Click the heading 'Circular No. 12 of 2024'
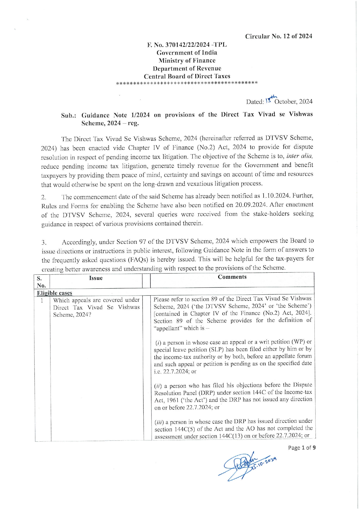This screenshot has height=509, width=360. click(278, 36)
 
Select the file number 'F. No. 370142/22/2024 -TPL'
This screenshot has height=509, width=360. click(187, 45)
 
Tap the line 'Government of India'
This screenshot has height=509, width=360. click(187, 53)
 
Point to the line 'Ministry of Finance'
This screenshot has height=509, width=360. click(187, 60)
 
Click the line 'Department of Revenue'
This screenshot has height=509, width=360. click(187, 68)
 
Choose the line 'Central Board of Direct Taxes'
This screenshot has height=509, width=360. click(187, 76)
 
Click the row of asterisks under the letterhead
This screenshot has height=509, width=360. click(187, 83)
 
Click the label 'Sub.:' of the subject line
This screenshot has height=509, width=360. click(69, 115)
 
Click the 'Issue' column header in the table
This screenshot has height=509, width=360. click(96, 278)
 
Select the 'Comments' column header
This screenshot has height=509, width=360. click(232, 277)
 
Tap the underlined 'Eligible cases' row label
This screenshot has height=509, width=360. click(55, 293)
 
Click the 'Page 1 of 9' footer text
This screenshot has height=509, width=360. click(302, 448)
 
